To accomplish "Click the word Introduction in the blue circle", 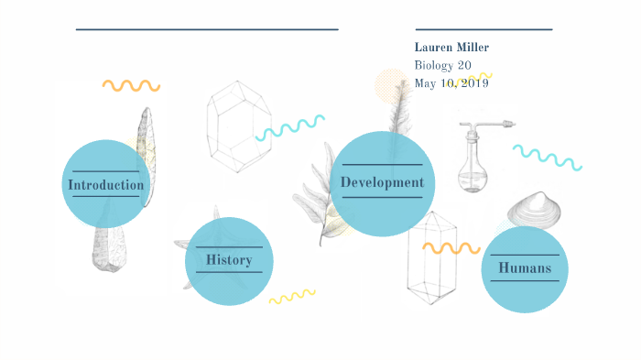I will click(x=105, y=185).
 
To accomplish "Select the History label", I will click(x=229, y=260).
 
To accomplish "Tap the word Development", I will click(x=382, y=182).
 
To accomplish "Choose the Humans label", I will click(x=525, y=268).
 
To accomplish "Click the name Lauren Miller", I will click(x=451, y=47).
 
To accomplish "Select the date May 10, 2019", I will click(x=451, y=82).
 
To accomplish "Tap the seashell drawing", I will click(x=538, y=210).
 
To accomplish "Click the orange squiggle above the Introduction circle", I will click(x=131, y=85).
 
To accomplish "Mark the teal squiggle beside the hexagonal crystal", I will click(x=290, y=126).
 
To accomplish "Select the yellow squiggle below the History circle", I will click(x=291, y=296).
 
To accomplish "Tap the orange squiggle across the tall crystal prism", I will click(x=451, y=247).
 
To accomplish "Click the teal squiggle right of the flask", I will click(x=547, y=157).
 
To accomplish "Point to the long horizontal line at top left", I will click(x=207, y=29).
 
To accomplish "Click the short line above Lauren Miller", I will click(x=483, y=29).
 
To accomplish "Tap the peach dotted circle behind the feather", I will click(x=389, y=88).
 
